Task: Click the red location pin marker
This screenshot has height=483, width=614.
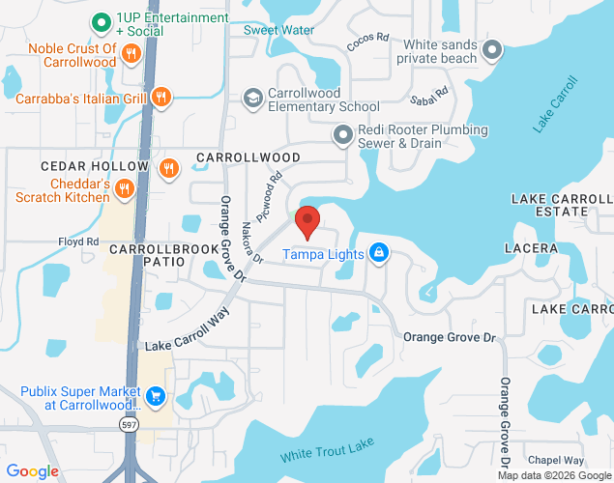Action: click(x=307, y=221)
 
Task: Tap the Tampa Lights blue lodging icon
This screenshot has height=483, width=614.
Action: click(x=379, y=254)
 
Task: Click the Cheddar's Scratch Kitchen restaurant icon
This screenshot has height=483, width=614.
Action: click(x=124, y=190)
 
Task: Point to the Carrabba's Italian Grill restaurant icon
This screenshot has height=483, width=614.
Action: click(x=162, y=97)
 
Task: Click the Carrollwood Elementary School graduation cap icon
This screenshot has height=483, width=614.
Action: click(x=252, y=98)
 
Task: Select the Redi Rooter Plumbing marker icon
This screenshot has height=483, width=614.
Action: click(x=342, y=135)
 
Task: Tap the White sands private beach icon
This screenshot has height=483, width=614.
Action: click(x=492, y=50)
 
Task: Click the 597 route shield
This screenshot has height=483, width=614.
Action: click(x=129, y=423)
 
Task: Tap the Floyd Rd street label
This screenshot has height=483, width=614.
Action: click(x=79, y=241)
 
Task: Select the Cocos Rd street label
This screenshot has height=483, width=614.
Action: click(x=367, y=43)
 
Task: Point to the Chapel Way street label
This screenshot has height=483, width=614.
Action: click(x=556, y=461)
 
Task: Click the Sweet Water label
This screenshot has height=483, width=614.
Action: click(x=278, y=30)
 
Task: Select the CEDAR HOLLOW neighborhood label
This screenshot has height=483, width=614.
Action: click(x=81, y=167)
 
